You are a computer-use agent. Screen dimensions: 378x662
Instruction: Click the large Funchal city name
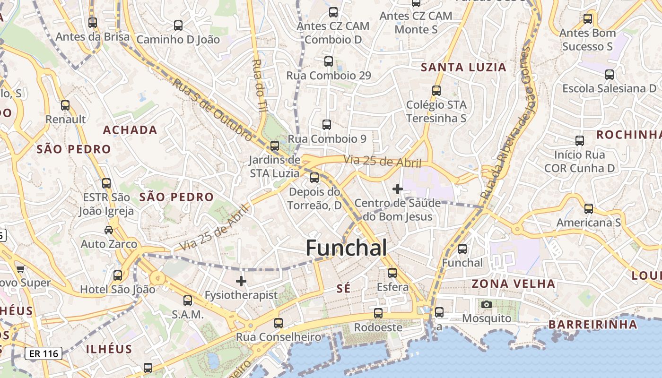point(346,248)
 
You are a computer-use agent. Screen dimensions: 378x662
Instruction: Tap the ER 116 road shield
point(44,353)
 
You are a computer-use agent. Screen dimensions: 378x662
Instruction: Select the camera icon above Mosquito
point(487,305)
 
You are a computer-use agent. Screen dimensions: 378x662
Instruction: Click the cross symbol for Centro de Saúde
point(398,189)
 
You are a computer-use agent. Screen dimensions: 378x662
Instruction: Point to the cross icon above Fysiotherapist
point(241,282)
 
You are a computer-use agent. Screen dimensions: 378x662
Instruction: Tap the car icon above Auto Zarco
point(109,230)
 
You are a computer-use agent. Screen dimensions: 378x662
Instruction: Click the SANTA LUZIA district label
point(463,68)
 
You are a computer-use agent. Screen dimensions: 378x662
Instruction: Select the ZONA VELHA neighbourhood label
point(513,284)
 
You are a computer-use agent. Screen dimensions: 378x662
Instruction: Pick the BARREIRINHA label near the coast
point(592,325)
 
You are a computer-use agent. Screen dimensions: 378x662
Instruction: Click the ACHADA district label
point(130,130)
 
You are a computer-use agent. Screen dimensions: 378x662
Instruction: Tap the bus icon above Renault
point(65,105)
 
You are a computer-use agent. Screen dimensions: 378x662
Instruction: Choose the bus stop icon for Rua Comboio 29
point(329,61)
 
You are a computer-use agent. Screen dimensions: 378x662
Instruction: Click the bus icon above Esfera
point(392,273)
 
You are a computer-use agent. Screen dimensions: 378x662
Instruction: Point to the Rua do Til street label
point(259,85)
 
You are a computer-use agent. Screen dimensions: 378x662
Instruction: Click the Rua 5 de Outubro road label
point(212,110)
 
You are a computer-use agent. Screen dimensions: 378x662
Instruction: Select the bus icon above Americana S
point(589,209)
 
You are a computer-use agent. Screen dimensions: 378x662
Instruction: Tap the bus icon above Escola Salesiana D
point(610,75)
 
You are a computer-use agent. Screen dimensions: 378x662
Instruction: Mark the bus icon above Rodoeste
point(378,313)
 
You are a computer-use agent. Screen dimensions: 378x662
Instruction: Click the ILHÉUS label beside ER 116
point(109,349)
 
